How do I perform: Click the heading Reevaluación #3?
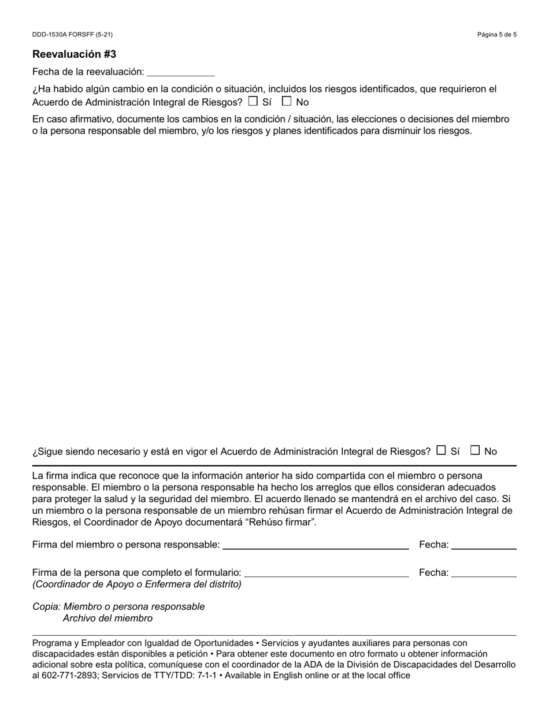(x=74, y=54)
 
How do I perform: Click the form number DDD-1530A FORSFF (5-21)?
(x=72, y=35)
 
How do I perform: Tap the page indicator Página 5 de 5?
(x=496, y=35)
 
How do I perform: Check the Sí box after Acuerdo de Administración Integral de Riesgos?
(x=253, y=101)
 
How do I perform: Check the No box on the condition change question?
(x=287, y=101)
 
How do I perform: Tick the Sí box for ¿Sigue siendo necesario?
(x=441, y=450)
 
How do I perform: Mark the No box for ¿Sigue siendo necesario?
(x=475, y=450)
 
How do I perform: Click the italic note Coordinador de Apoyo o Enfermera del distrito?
(x=137, y=584)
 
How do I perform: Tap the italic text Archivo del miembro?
(x=107, y=619)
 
